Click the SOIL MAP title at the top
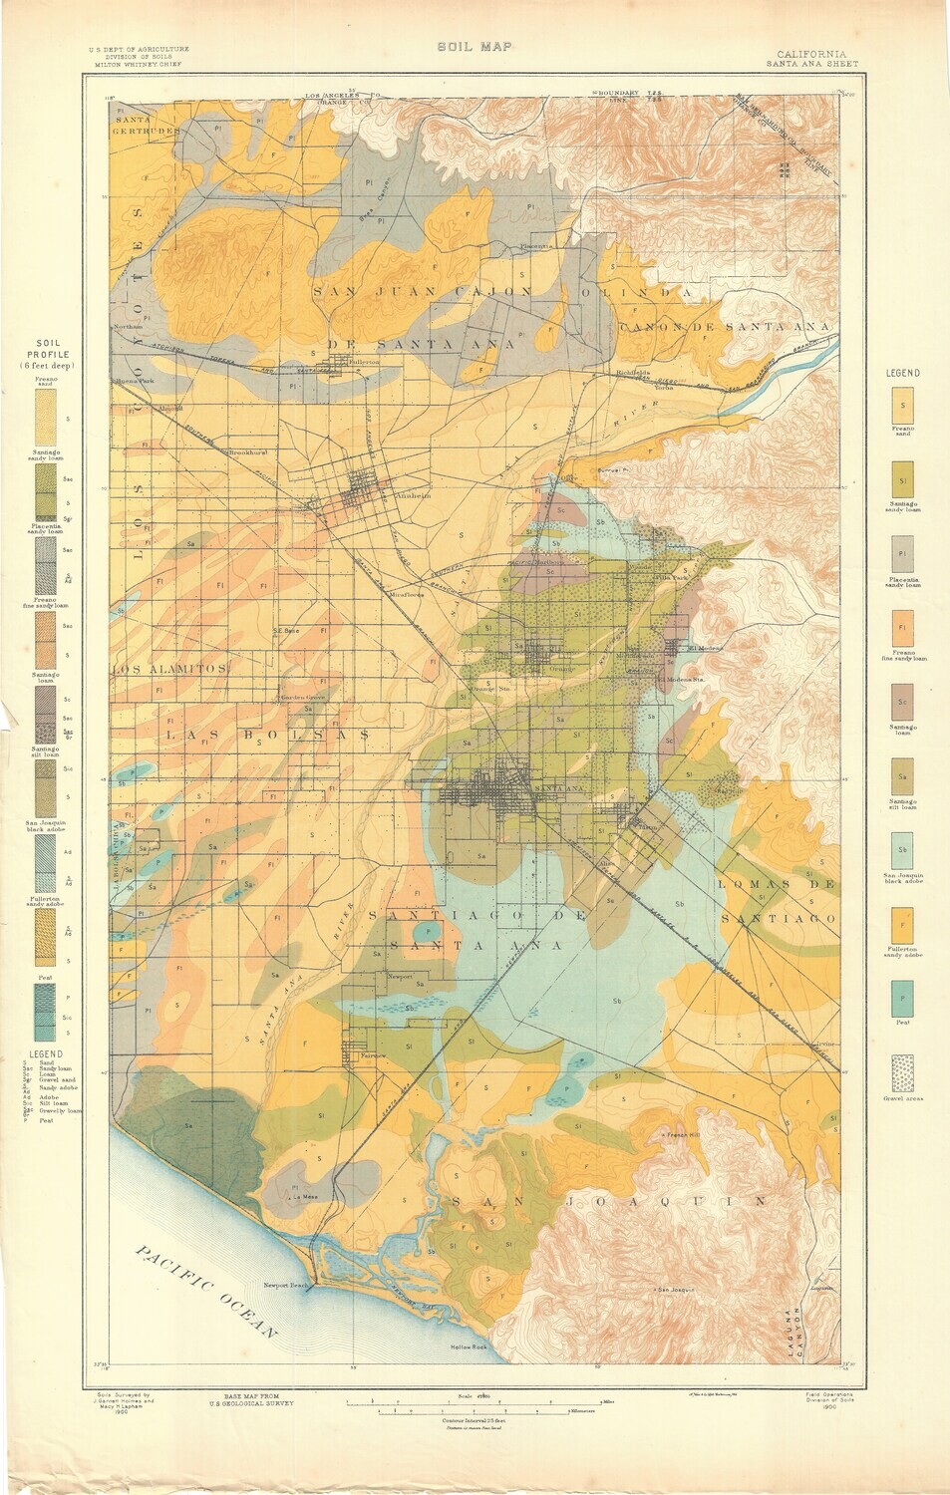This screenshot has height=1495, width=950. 474,46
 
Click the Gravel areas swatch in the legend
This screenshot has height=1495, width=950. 902,1074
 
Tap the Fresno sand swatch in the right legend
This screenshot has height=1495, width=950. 902,406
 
